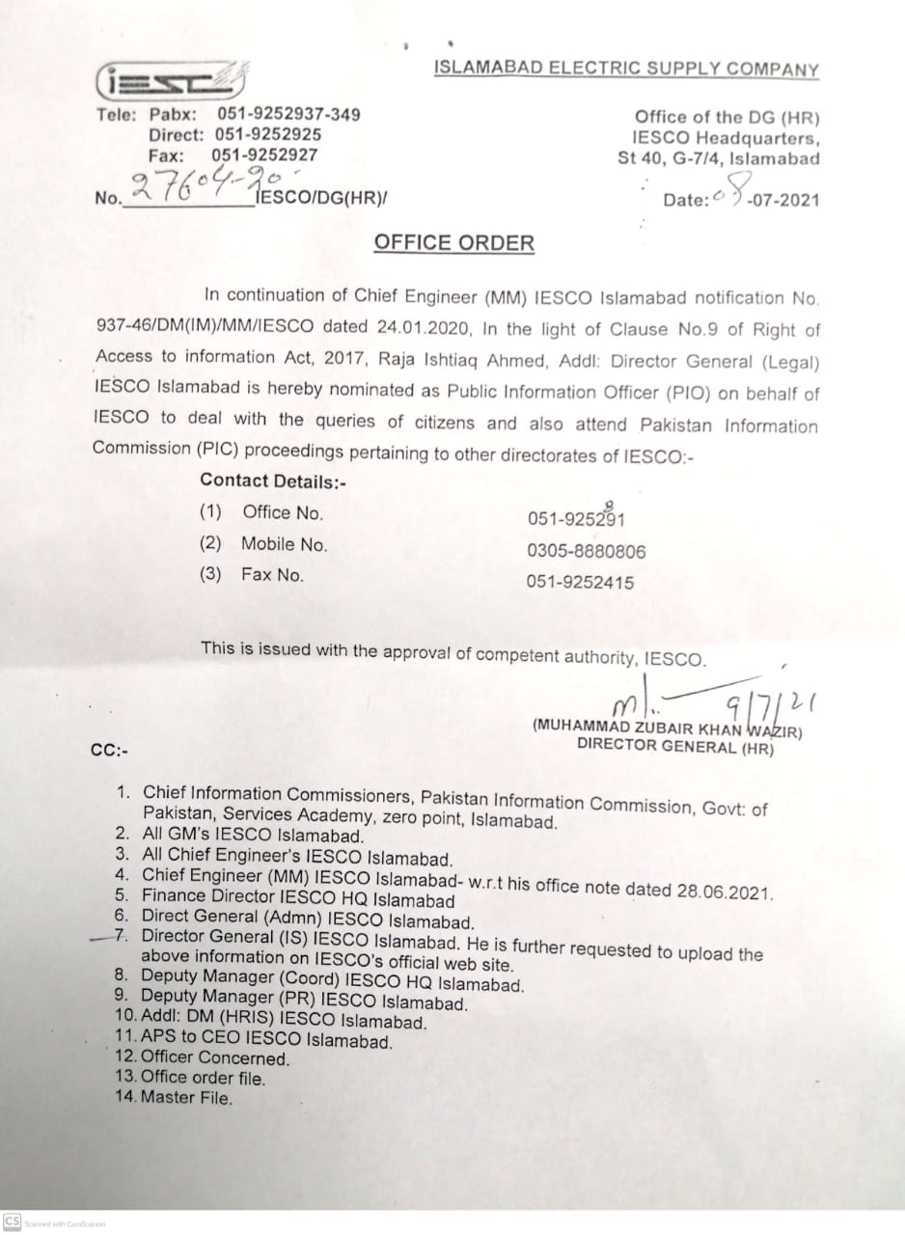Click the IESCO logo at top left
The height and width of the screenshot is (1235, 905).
(x=171, y=82)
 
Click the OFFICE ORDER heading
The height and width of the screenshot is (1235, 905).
(x=453, y=242)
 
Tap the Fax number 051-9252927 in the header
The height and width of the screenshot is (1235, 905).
(x=264, y=154)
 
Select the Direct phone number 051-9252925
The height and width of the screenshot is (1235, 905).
(x=268, y=134)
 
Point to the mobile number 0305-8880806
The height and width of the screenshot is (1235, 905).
(x=586, y=552)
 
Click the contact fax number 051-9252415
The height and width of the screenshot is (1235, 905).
(x=581, y=582)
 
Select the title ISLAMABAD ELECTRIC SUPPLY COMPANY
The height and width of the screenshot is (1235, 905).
(x=626, y=69)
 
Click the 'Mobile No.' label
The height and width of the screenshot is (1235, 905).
(x=284, y=544)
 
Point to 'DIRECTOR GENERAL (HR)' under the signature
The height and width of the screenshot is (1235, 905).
(x=674, y=746)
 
